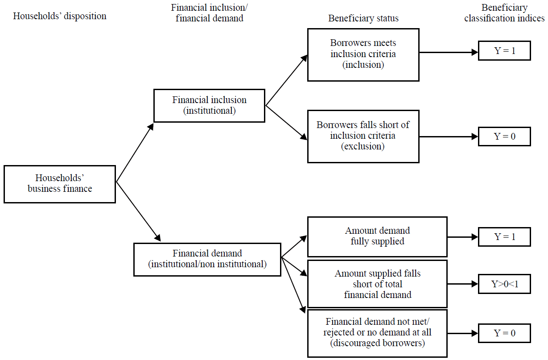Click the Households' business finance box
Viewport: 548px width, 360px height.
(60, 184)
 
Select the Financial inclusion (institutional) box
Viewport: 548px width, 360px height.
(209, 106)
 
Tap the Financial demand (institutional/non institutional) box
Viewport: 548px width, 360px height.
(207, 259)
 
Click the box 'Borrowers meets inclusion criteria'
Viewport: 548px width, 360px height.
(363, 54)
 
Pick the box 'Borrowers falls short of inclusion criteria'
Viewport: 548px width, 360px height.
(363, 136)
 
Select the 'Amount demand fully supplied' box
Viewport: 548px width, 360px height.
(377, 236)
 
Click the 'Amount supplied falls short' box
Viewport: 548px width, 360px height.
(377, 284)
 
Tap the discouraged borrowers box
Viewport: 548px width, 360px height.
(377, 333)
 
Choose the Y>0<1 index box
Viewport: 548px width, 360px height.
(504, 284)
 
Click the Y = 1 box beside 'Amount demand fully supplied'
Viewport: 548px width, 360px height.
(504, 236)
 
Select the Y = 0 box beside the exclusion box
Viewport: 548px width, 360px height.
(504, 136)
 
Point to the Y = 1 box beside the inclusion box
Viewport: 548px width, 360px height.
(504, 51)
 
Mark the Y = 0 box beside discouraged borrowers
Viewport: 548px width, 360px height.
(504, 333)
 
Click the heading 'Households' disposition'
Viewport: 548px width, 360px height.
(60, 17)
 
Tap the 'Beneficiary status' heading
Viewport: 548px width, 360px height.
(363, 18)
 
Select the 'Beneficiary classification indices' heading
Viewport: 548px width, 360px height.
(504, 13)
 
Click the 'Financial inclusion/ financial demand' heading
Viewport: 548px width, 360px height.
(209, 13)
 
